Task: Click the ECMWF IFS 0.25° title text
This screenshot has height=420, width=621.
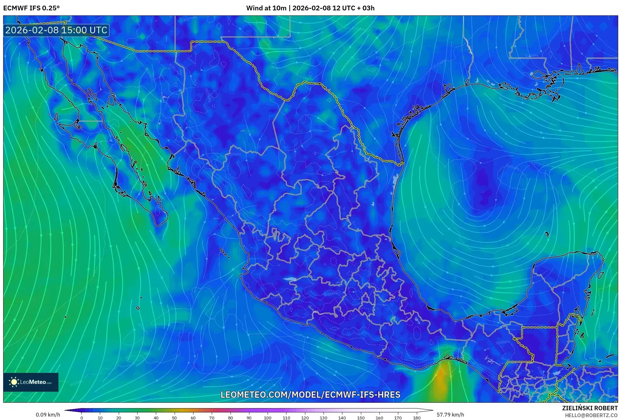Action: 31,8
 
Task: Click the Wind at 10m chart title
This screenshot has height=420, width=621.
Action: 310,8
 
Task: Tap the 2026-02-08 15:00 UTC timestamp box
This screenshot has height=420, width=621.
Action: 56,30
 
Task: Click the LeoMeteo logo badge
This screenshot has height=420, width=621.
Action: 31,382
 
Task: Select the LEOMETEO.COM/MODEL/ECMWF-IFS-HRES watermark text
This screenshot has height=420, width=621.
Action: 310,395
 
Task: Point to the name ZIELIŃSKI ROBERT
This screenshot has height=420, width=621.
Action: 590,408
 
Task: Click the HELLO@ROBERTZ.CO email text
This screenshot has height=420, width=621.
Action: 591,415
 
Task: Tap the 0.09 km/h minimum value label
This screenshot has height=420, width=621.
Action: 48,415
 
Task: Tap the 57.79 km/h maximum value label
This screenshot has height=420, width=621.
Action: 450,415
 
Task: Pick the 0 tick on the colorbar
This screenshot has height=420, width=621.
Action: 82,417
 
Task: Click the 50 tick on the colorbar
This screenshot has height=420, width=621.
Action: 174,417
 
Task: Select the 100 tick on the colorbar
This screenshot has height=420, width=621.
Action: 267,417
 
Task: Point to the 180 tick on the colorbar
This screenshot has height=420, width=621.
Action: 417,417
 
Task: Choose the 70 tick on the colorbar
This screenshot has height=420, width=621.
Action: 212,417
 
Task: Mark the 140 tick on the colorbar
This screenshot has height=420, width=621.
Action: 342,417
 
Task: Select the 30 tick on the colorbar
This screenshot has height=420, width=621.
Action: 137,417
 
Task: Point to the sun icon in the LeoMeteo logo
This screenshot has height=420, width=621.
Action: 14,382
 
